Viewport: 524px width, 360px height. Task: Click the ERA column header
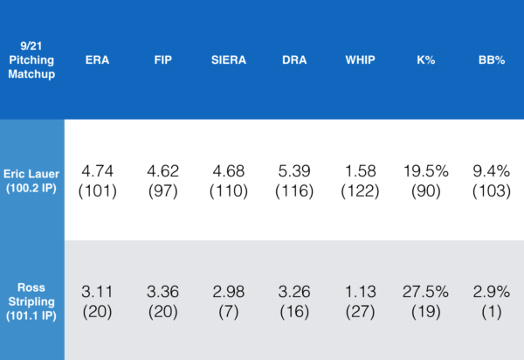click(x=97, y=61)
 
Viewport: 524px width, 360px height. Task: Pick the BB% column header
click(x=489, y=61)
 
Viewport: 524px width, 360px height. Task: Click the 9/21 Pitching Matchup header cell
click(x=31, y=61)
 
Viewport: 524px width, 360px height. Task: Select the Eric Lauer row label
click(x=31, y=181)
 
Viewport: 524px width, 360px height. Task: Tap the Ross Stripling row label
click(x=31, y=300)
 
